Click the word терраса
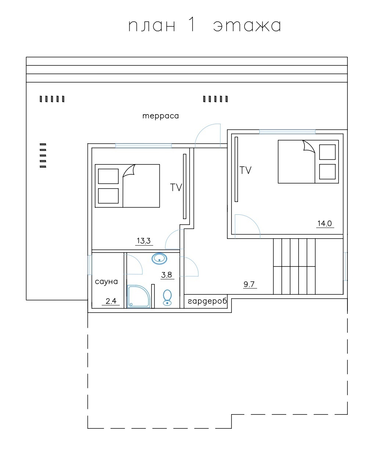click(x=161, y=116)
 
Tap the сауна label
click(x=106, y=282)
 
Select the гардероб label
click(x=208, y=301)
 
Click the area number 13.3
click(x=144, y=241)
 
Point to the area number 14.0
click(x=324, y=224)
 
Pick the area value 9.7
click(x=249, y=284)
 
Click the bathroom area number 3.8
click(x=167, y=275)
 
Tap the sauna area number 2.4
click(x=111, y=301)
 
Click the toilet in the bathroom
click(x=167, y=298)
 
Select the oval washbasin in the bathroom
click(x=159, y=259)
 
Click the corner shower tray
click(x=138, y=297)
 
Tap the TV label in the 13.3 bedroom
click(x=176, y=188)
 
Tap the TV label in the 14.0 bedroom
click(x=245, y=170)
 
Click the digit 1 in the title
click(x=192, y=25)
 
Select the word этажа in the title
click(x=247, y=26)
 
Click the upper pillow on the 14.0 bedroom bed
click(x=327, y=152)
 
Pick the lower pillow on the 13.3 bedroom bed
click(x=108, y=196)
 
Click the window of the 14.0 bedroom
click(x=287, y=131)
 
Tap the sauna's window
click(x=90, y=265)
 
